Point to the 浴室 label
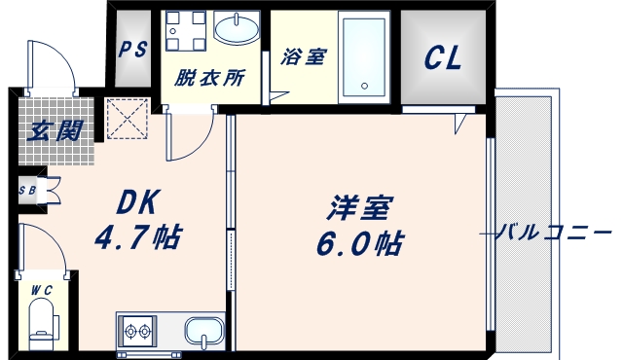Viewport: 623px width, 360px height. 303,57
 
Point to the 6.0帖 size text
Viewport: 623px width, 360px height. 360,242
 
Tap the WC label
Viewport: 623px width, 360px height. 41,289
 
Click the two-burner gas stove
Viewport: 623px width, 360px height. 135,332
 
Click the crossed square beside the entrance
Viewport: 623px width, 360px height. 124,119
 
